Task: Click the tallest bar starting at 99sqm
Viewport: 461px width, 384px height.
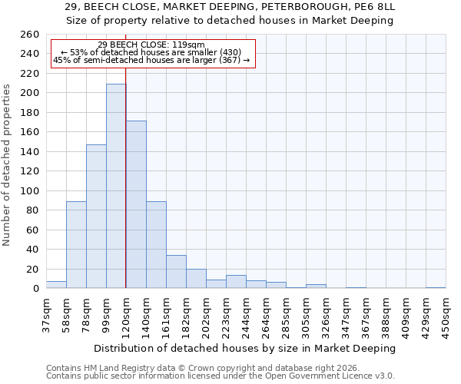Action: coord(116,186)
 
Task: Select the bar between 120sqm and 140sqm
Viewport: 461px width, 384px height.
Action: coord(136,204)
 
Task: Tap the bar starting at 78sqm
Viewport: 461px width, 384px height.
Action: coord(96,216)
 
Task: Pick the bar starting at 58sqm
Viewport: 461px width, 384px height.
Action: coord(76,244)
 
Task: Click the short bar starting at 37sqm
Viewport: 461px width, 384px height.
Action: coord(56,285)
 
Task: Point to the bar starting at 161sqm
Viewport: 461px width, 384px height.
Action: coord(176,272)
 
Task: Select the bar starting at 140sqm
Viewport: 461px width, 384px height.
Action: coord(156,244)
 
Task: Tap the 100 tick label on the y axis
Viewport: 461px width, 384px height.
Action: coord(29,190)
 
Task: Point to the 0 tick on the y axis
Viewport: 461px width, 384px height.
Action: coord(35,289)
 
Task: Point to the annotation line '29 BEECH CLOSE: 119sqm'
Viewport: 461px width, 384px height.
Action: coord(151,45)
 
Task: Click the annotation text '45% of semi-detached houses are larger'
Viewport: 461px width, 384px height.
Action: coord(151,60)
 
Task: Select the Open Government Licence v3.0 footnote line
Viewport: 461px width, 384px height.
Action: coord(221,376)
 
